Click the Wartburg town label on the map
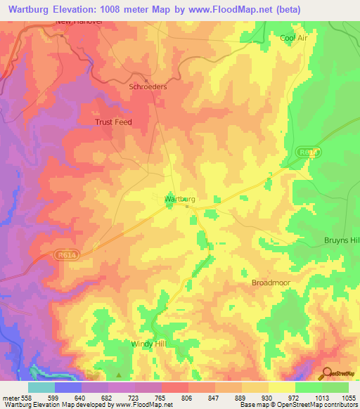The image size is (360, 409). (179, 199)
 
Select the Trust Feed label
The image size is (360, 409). (113, 122)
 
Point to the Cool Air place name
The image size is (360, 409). (294, 38)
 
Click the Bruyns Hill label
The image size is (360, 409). (342, 240)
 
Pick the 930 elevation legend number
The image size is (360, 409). (269, 398)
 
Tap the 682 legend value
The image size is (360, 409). (108, 398)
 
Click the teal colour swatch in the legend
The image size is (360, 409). (41, 387)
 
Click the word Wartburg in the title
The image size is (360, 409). (32, 10)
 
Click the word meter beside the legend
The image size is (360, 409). (9, 398)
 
